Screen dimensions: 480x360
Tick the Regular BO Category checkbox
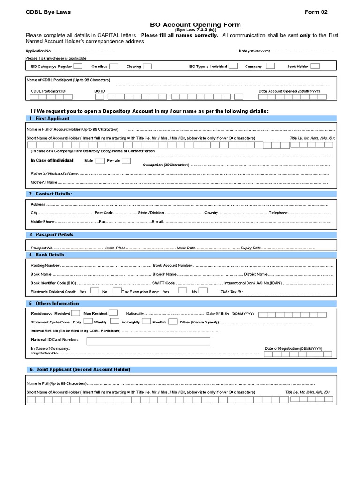tap(78, 67)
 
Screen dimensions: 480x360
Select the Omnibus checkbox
tap(113, 67)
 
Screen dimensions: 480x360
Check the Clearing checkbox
tap(147, 67)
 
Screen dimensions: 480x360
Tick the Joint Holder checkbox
tap(315, 67)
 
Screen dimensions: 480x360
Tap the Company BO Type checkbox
tap(270, 67)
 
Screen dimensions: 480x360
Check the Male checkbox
tap(99, 161)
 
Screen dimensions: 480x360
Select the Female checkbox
tap(126, 161)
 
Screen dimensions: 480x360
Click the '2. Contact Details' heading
tap(51, 194)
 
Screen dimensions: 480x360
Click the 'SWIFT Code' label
tap(164, 283)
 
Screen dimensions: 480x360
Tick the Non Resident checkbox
tap(114, 313)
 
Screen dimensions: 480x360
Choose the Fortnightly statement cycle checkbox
tap(146, 322)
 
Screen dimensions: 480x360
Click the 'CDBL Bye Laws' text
tap(48, 12)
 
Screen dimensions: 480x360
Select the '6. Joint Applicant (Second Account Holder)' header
tap(80, 369)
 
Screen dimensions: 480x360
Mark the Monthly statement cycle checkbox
tap(172, 322)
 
